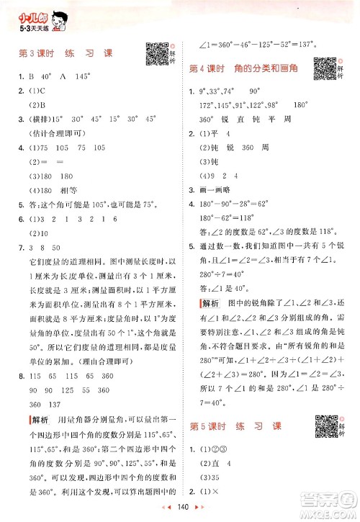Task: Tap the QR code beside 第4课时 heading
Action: [x=326, y=68]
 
